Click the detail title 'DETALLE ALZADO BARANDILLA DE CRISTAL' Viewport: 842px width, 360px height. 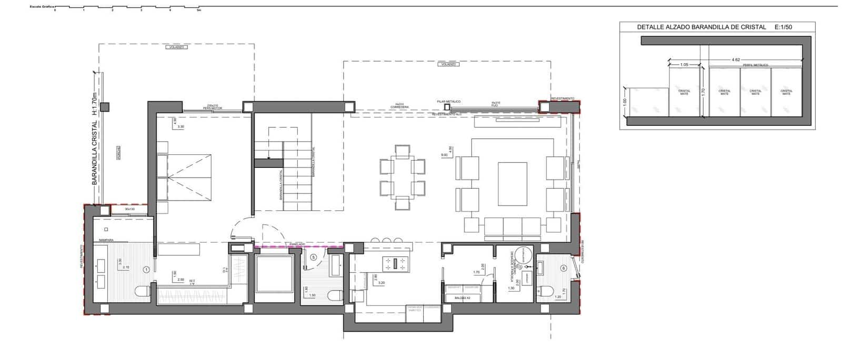701,27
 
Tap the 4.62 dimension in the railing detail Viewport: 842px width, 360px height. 736,60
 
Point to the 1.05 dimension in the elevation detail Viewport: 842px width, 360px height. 684,65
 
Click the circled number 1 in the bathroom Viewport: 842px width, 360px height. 146,269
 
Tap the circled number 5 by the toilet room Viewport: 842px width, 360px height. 314,257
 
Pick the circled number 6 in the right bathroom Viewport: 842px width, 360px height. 564,268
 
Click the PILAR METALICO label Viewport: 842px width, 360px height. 448,101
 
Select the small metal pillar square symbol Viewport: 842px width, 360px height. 448,107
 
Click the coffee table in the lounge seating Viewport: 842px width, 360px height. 513,184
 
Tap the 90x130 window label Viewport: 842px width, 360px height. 129,209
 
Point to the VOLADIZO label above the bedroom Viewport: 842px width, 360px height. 176,47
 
